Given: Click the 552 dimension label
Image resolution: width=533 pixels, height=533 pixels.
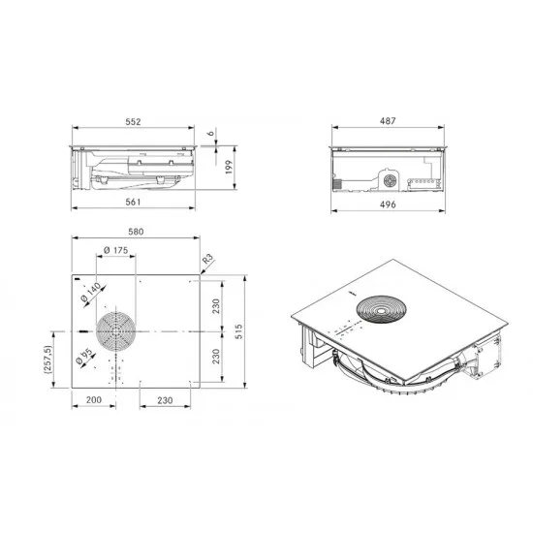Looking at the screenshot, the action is click(133, 122).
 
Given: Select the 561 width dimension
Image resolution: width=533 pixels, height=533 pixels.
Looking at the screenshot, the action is click(133, 202).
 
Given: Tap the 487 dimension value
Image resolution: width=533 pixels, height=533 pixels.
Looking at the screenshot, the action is click(388, 121).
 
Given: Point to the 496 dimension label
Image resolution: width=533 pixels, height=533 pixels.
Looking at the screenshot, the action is click(388, 204).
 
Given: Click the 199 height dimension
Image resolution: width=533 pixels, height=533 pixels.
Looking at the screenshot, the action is click(229, 167).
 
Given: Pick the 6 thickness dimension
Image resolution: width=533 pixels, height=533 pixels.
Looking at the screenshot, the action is click(211, 133).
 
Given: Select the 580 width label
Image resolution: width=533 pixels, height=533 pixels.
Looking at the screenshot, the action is click(136, 232).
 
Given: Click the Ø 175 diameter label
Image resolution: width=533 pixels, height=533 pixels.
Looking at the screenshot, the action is click(116, 251).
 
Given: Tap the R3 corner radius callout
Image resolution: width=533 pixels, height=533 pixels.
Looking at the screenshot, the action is click(208, 259).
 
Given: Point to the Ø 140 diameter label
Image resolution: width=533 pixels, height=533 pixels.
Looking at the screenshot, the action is click(91, 293).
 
